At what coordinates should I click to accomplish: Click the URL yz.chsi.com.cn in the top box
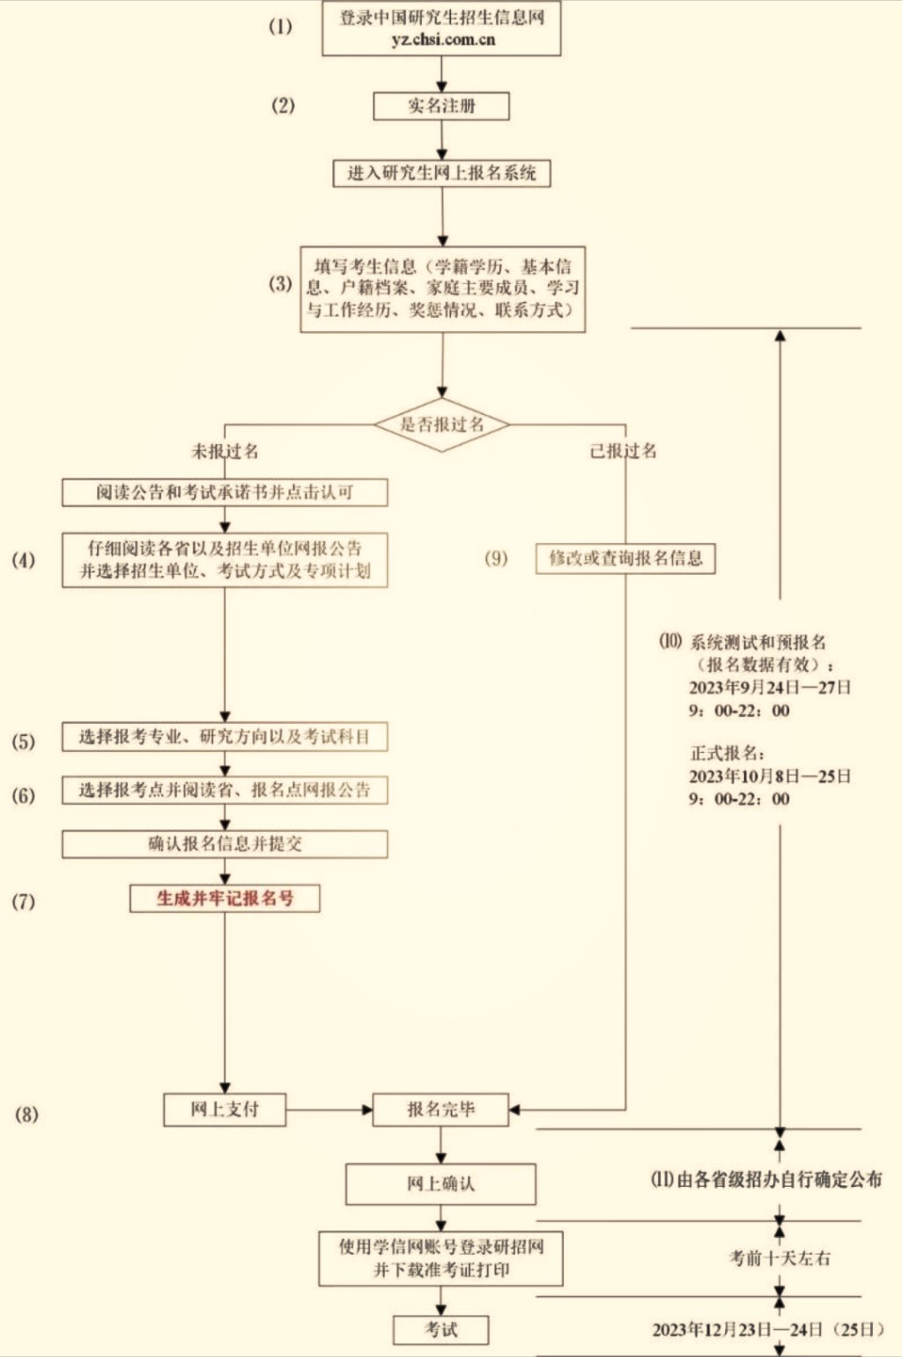[442, 40]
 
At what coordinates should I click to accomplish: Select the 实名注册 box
[441, 106]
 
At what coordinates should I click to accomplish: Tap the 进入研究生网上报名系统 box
[441, 173]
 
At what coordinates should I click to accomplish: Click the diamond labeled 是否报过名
[441, 424]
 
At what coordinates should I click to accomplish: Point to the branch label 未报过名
[225, 452]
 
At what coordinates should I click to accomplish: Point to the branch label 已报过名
[623, 451]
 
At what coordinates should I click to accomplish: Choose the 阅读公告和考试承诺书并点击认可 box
[225, 492]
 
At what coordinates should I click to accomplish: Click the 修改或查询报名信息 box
[625, 558]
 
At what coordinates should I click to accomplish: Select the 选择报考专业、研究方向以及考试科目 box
[225, 737]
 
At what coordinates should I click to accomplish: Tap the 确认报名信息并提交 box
[225, 844]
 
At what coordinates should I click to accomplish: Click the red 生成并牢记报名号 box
[225, 898]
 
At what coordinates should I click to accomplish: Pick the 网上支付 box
[225, 1110]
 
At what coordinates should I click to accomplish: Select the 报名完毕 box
[440, 1110]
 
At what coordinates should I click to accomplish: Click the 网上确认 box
[440, 1184]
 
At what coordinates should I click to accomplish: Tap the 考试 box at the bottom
[440, 1330]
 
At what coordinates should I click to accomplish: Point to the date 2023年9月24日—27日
[770, 688]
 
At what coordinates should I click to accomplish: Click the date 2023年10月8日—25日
[770, 777]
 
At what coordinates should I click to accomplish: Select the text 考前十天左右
[780, 1258]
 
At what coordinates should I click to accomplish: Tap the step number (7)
[23, 902]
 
